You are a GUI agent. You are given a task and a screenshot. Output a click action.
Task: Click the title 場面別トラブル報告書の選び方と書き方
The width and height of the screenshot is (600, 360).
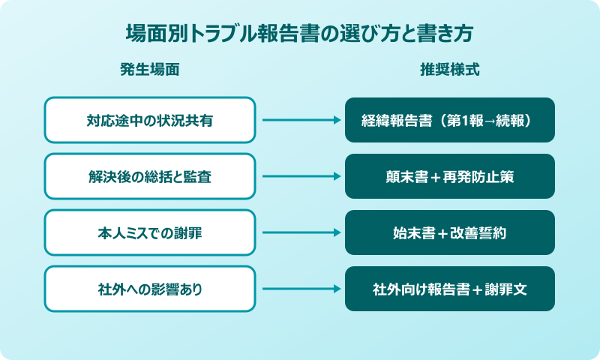pyautogui.click(x=300, y=35)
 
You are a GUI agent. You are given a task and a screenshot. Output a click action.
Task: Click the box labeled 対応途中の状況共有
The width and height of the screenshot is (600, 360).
pyautogui.click(x=150, y=120)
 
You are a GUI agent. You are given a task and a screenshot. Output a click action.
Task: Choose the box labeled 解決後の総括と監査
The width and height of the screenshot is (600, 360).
pyautogui.click(x=150, y=176)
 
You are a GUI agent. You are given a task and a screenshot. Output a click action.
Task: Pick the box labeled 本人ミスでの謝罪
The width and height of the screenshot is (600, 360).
pyautogui.click(x=150, y=232)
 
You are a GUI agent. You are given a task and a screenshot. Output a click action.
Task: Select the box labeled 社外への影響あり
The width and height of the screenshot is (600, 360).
pyautogui.click(x=150, y=289)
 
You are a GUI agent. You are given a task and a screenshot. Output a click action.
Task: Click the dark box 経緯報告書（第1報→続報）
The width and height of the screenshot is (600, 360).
pyautogui.click(x=450, y=120)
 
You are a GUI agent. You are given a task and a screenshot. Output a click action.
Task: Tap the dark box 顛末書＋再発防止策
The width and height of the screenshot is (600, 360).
pyautogui.click(x=450, y=176)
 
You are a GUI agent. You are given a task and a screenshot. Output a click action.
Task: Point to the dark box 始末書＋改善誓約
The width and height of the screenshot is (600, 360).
pyautogui.click(x=450, y=232)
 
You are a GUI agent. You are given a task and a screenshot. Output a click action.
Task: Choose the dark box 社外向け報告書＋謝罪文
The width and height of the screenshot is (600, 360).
pyautogui.click(x=450, y=289)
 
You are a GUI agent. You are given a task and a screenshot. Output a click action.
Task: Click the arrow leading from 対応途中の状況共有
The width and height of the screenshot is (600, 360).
pyautogui.click(x=300, y=120)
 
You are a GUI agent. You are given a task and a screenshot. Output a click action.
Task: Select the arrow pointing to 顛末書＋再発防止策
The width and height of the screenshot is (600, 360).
pyautogui.click(x=300, y=176)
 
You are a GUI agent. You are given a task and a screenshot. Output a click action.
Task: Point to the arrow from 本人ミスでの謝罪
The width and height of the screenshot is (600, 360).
pyautogui.click(x=300, y=232)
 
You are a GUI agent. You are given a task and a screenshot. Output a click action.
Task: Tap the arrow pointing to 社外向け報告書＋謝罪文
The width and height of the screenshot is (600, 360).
pyautogui.click(x=300, y=289)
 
